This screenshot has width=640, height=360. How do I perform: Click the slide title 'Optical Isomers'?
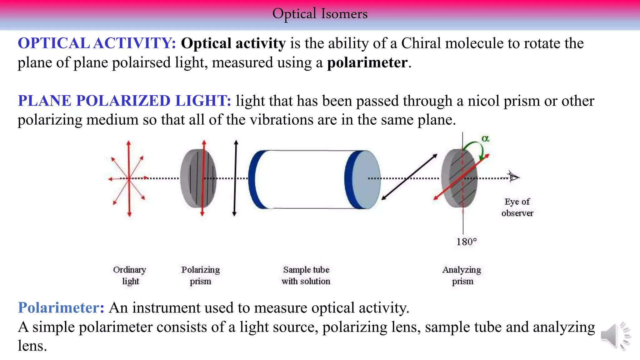pos(320,14)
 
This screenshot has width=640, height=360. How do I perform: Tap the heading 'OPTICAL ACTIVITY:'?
pos(97,43)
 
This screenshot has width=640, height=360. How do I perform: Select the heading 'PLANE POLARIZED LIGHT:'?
pos(124,101)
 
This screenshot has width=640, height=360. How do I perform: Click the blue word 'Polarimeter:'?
pos(61,307)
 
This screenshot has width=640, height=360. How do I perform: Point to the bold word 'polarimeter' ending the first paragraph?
pos(367,62)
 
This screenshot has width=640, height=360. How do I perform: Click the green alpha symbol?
pos(485,138)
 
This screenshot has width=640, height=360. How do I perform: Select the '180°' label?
pos(466,242)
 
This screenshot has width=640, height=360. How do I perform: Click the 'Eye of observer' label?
pos(517,207)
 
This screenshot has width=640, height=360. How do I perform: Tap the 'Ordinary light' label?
pos(130,275)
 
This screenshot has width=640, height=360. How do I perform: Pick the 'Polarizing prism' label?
pos(200,275)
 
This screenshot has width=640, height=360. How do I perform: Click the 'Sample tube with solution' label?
pos(306,275)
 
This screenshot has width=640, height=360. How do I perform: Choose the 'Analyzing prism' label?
pos(462,275)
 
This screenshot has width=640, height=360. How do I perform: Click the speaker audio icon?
pos(614,336)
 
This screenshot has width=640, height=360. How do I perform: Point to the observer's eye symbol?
pos(513,177)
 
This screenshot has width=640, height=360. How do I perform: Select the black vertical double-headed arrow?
pos(235,178)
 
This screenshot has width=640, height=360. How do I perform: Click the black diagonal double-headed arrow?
pos(409,177)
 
